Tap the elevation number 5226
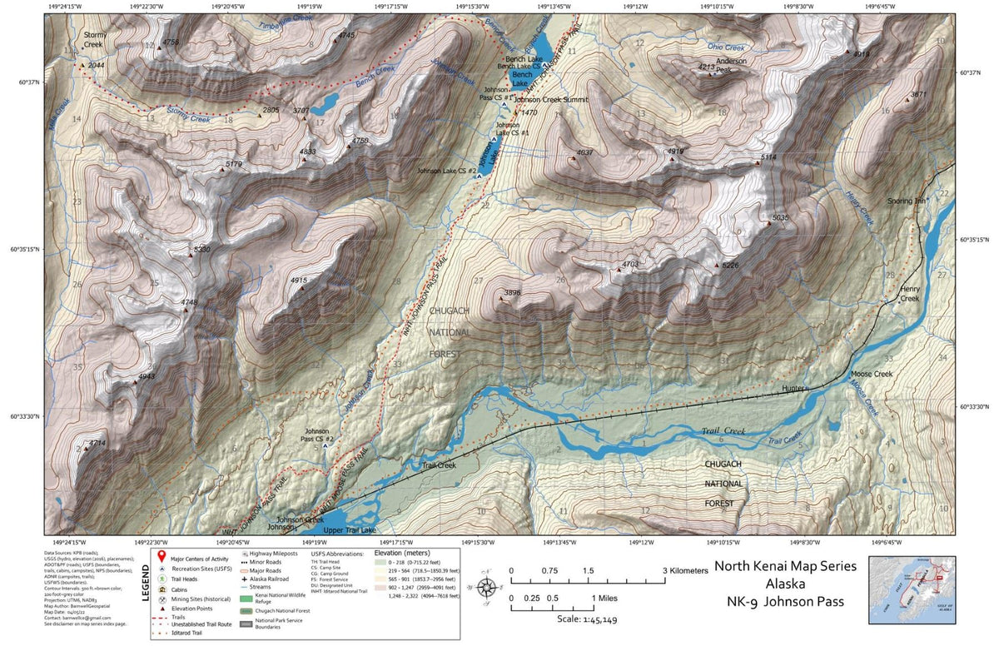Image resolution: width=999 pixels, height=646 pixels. tap(730, 266)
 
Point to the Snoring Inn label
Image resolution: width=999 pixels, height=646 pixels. tap(906, 201)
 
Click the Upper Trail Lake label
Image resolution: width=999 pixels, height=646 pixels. tap(350, 530)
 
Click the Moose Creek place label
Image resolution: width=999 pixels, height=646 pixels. tap(872, 375)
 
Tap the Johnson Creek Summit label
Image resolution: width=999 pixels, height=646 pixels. tap(551, 100)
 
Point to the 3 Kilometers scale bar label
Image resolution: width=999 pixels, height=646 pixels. tap(685, 570)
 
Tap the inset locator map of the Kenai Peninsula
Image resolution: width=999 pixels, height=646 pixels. tap(911, 589)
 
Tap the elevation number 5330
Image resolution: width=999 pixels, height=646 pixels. tap(201, 249)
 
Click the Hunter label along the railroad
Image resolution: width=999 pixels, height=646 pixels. tap(795, 389)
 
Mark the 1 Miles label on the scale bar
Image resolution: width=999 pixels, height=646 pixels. tap(608, 599)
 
